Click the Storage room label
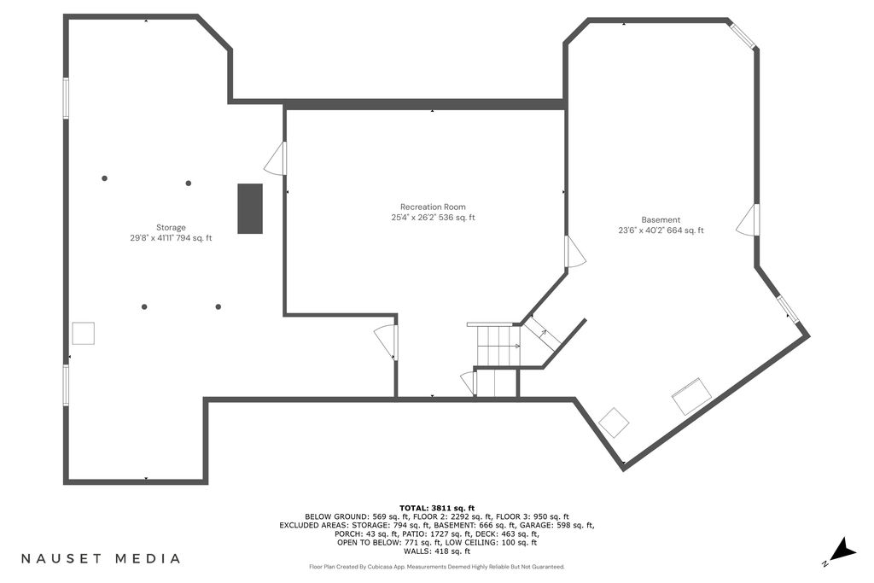click(x=171, y=227)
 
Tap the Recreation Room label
click(x=433, y=207)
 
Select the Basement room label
click(x=661, y=219)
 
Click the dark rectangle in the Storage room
click(x=250, y=208)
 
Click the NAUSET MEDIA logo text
click(x=101, y=558)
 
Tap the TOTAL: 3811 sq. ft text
click(x=437, y=508)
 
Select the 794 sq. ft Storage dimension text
click(x=194, y=238)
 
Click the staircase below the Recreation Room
click(x=498, y=346)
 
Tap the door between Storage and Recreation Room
click(x=276, y=158)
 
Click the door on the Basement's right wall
click(x=748, y=219)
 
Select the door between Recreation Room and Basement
click(x=576, y=251)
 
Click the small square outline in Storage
click(x=83, y=333)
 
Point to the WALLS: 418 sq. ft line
click(x=437, y=551)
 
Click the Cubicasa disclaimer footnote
click(x=437, y=567)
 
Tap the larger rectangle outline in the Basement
click(x=691, y=396)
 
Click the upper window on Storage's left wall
click(x=66, y=98)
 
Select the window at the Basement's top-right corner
click(x=743, y=35)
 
